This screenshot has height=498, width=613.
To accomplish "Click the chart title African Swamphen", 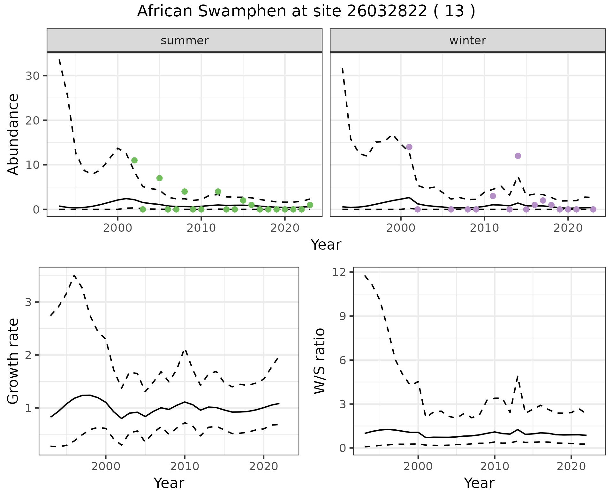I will (x=306, y=11).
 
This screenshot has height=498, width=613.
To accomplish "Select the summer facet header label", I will (x=185, y=41).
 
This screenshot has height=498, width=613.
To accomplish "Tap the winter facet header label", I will (x=467, y=41).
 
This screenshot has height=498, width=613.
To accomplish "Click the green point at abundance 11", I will (x=134, y=160).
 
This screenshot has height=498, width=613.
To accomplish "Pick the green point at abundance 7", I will (x=160, y=178).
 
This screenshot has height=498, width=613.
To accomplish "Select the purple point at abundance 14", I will (x=409, y=147).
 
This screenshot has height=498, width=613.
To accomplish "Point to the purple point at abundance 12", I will (x=518, y=156).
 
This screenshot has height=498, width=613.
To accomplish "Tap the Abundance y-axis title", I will (x=13, y=134).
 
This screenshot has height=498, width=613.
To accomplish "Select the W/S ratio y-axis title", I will (x=319, y=361).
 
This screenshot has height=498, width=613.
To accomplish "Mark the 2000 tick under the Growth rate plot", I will (x=106, y=466).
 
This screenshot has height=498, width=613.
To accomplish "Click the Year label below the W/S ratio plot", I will (x=479, y=483).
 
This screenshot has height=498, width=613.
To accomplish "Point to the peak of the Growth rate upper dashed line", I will (x=74, y=275).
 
